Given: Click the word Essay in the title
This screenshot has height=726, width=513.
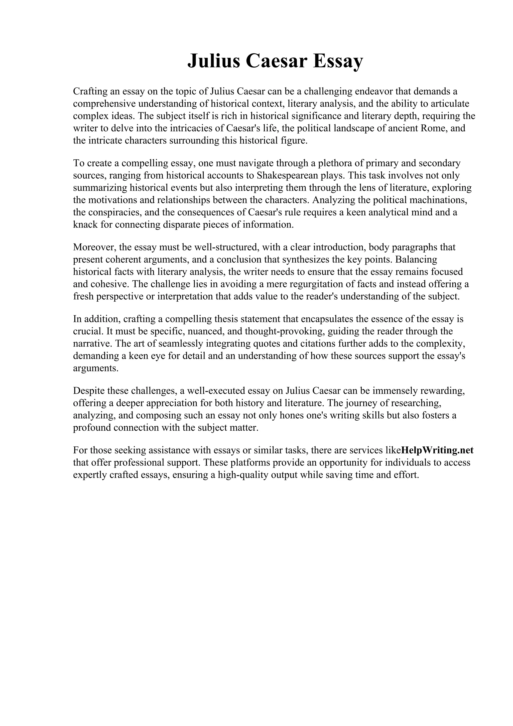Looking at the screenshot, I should [x=338, y=61].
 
